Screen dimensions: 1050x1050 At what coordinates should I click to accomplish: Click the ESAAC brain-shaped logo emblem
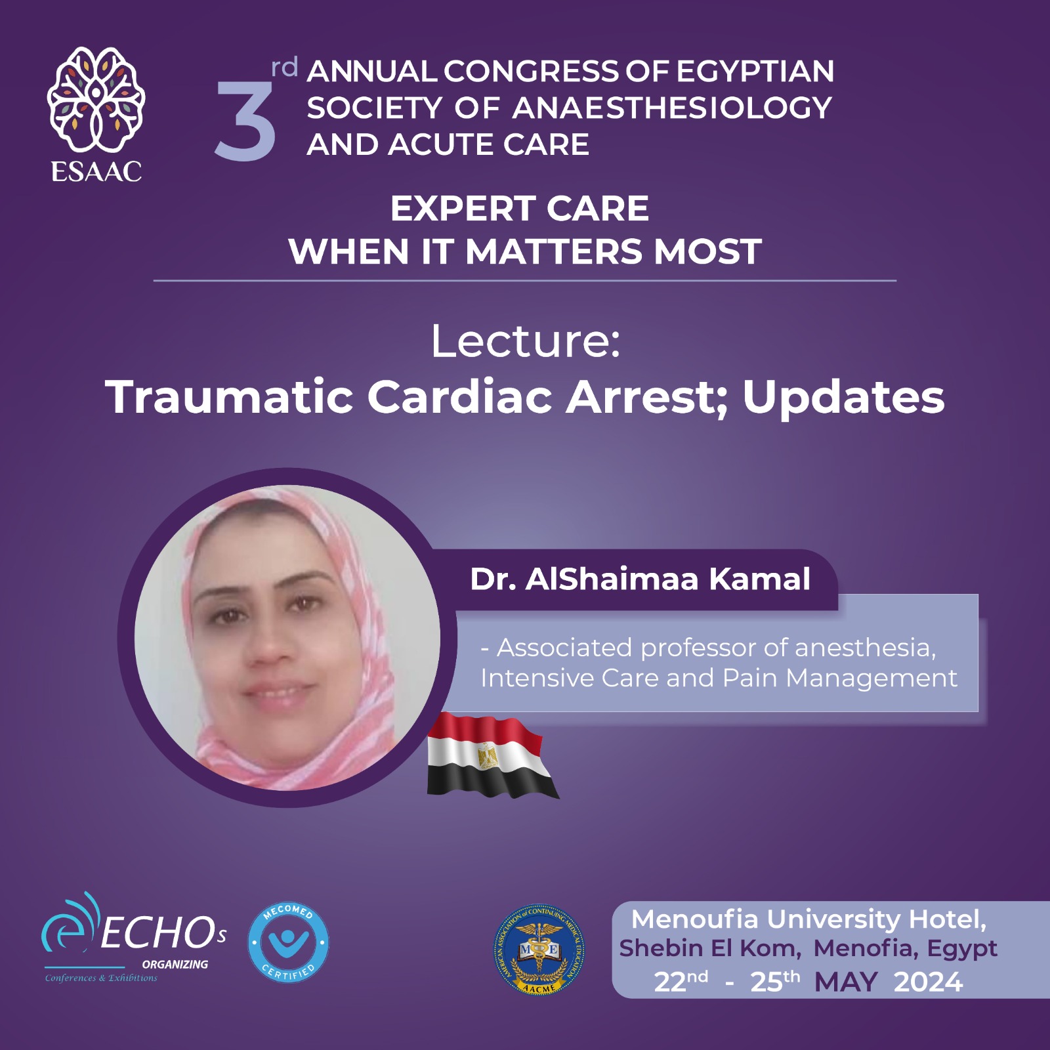tap(96, 99)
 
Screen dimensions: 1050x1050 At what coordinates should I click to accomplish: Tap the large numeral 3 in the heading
tap(245, 122)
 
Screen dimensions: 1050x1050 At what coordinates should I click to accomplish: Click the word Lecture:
tap(526, 341)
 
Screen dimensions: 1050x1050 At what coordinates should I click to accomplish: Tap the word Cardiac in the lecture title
tap(459, 397)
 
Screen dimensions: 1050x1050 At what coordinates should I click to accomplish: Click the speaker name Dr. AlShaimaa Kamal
tap(640, 579)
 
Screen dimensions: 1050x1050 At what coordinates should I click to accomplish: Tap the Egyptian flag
tap(492, 755)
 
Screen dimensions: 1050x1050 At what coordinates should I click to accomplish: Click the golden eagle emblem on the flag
tap(488, 756)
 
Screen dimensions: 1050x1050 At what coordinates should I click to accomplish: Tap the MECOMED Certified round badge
tap(288, 942)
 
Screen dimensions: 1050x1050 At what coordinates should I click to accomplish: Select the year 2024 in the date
tap(928, 982)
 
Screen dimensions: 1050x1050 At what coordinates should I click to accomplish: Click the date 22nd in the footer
tap(681, 981)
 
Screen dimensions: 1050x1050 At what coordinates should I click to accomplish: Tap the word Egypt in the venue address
tap(962, 950)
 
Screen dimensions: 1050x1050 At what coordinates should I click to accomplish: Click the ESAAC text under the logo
tap(96, 172)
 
